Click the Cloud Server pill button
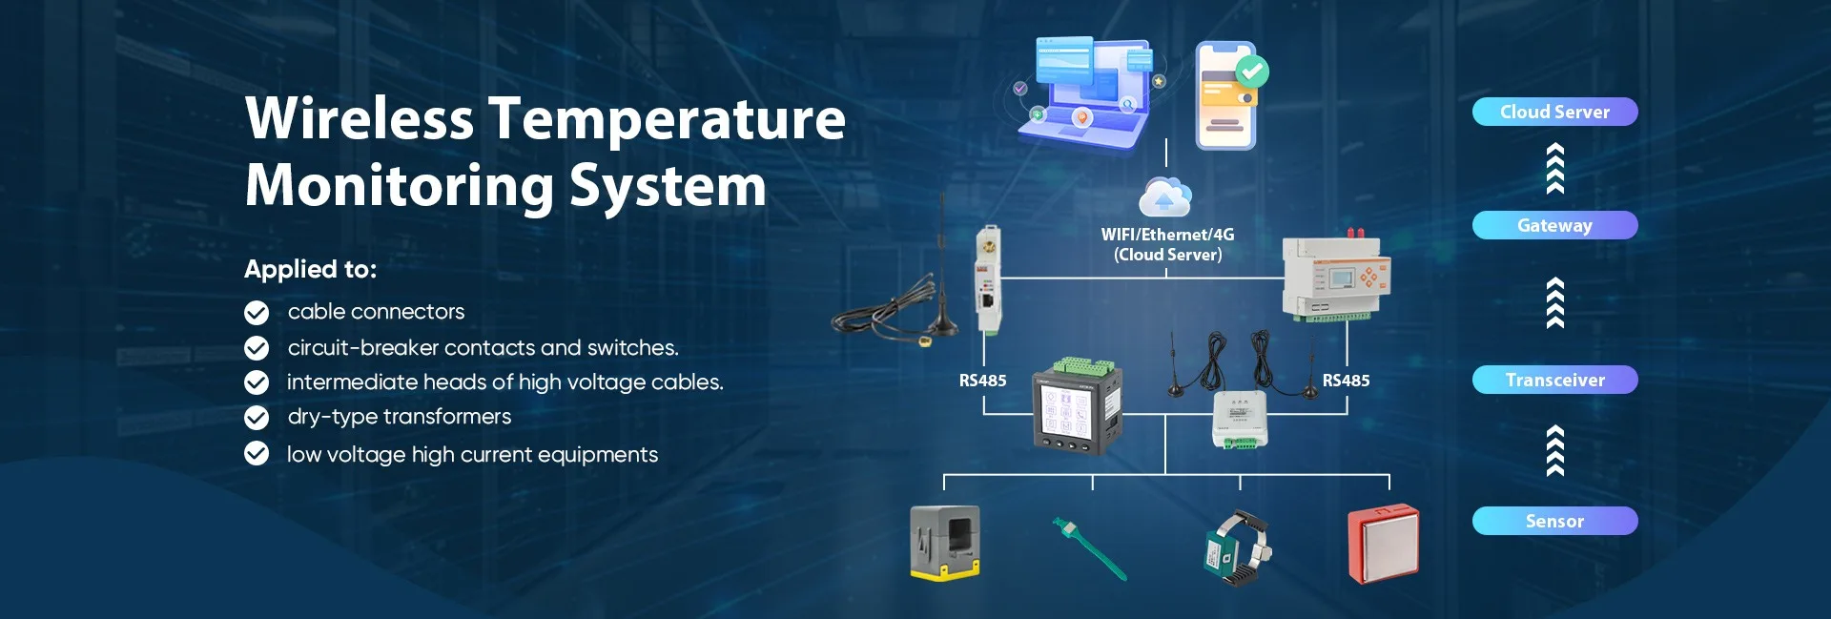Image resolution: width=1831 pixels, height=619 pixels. [x=1554, y=112]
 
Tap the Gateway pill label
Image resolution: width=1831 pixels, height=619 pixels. [x=1554, y=225]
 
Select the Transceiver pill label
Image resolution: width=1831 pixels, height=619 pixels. [x=1554, y=380]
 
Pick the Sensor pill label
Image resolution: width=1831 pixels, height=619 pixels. [x=1554, y=521]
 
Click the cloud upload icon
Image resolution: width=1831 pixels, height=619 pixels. [x=1164, y=196]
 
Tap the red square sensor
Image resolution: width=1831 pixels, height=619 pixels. [x=1383, y=544]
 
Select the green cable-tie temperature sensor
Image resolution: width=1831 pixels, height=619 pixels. [x=1089, y=547]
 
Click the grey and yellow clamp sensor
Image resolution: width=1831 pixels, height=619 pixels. [x=945, y=543]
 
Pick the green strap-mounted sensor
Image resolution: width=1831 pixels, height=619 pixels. [x=1237, y=547]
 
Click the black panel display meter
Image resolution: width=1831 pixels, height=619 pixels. [x=1077, y=406]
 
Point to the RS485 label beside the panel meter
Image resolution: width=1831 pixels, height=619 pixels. [x=982, y=381]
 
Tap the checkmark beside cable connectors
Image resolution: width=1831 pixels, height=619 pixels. [x=257, y=313]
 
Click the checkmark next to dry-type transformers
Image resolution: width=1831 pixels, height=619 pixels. [x=257, y=418]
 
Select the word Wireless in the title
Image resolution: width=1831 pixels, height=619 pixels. [x=360, y=119]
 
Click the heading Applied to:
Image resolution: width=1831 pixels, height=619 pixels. [x=310, y=269]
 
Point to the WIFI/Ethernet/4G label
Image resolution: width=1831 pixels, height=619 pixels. [x=1167, y=235]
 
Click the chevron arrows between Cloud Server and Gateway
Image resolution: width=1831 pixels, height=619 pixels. [x=1554, y=169]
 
